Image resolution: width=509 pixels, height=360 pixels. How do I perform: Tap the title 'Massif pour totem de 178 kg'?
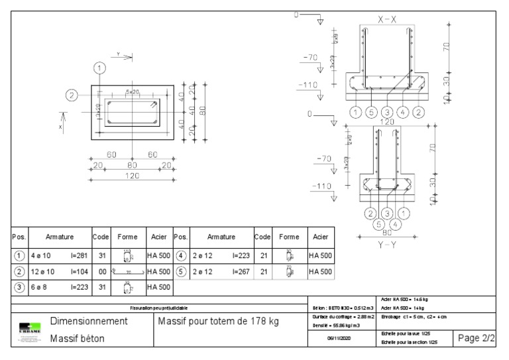(217, 321)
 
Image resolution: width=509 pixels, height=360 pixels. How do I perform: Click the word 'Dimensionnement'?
(89, 321)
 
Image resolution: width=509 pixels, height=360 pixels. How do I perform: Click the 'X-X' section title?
(388, 20)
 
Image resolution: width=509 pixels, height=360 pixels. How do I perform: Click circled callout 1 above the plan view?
(99, 68)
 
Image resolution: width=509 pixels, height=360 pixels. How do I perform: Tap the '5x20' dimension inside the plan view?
(132, 91)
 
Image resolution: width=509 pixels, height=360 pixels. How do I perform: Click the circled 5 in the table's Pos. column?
(180, 272)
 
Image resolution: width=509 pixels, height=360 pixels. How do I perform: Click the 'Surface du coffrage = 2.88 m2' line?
(343, 317)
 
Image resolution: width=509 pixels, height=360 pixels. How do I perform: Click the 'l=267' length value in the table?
(241, 272)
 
